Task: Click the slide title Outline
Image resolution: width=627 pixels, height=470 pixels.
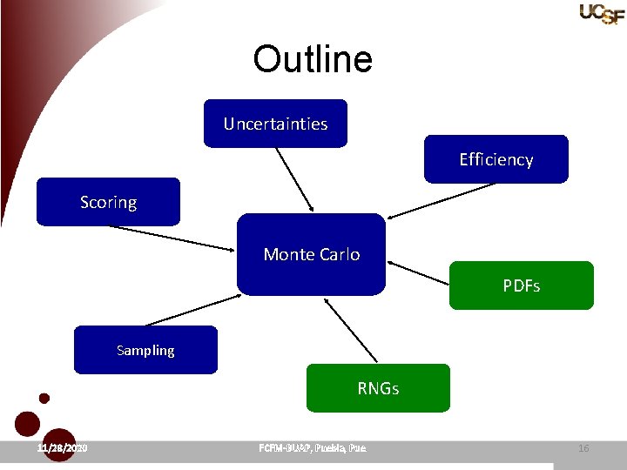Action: [313, 59]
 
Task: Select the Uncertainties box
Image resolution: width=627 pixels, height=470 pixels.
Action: [275, 124]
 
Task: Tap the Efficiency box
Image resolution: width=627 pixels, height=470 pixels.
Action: [496, 159]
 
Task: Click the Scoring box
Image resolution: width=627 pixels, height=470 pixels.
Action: [108, 202]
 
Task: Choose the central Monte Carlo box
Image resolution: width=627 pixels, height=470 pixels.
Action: [311, 254]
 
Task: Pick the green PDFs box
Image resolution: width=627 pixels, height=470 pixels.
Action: [521, 285]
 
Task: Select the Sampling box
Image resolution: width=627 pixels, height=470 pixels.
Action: [145, 350]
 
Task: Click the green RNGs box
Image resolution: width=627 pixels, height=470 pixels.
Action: [378, 388]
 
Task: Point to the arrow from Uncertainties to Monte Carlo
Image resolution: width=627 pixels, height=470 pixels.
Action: [295, 179]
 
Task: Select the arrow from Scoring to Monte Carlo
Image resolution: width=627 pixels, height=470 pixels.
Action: [171, 238]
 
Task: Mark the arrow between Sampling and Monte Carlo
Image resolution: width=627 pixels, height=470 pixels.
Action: [192, 310]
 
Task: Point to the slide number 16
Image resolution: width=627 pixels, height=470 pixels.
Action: [583, 448]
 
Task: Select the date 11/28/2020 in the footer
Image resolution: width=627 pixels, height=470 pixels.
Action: [63, 448]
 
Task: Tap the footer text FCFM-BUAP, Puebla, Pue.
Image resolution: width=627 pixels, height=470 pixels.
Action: [313, 448]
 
